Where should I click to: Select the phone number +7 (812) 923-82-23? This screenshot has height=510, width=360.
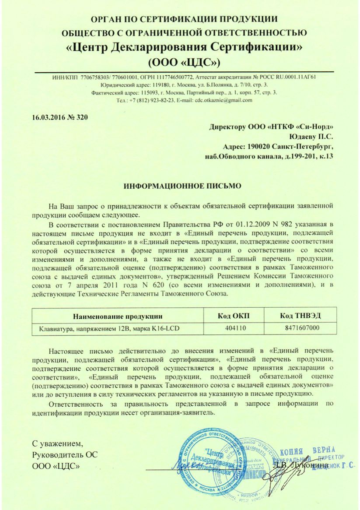(152, 100)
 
